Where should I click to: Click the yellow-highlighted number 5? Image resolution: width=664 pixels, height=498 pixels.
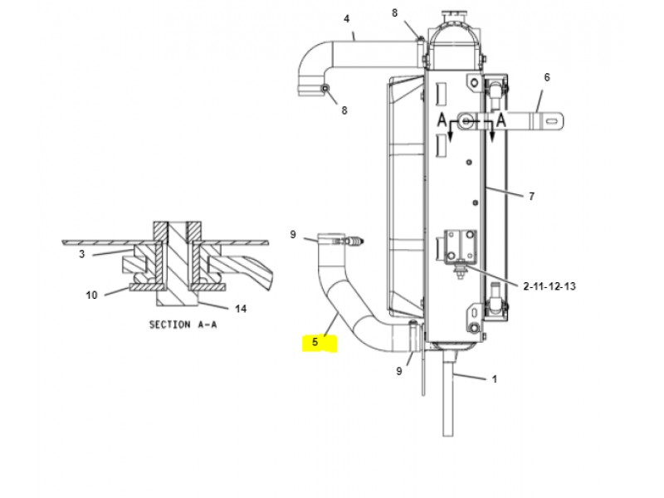pos(315,342)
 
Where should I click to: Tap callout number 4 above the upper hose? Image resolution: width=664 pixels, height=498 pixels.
pos(347,19)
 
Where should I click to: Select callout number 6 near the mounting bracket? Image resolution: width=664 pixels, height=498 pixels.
pos(547,77)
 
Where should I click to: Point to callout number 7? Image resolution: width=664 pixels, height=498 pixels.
pos(531,196)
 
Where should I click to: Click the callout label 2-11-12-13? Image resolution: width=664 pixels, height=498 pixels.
pos(549,286)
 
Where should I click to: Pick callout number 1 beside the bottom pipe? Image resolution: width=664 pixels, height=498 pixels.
pos(494,379)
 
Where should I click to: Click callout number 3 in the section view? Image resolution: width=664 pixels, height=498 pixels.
pos(81,254)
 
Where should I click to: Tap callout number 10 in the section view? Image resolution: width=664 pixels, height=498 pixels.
pos(91,295)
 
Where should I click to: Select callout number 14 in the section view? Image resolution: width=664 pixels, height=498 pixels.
pos(241,309)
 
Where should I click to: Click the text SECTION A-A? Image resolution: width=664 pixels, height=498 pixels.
pos(183,325)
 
